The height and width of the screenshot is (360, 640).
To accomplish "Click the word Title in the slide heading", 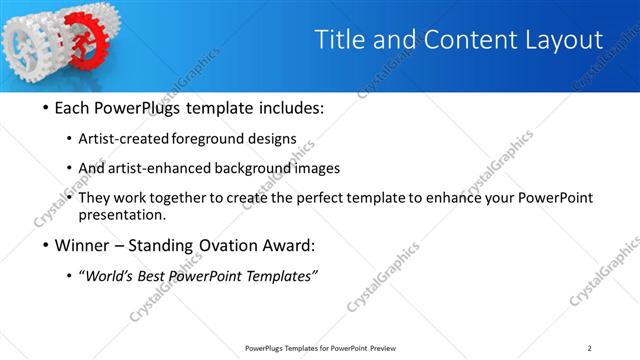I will tap(339, 39).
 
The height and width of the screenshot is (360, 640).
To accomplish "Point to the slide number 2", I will tap(589, 347).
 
